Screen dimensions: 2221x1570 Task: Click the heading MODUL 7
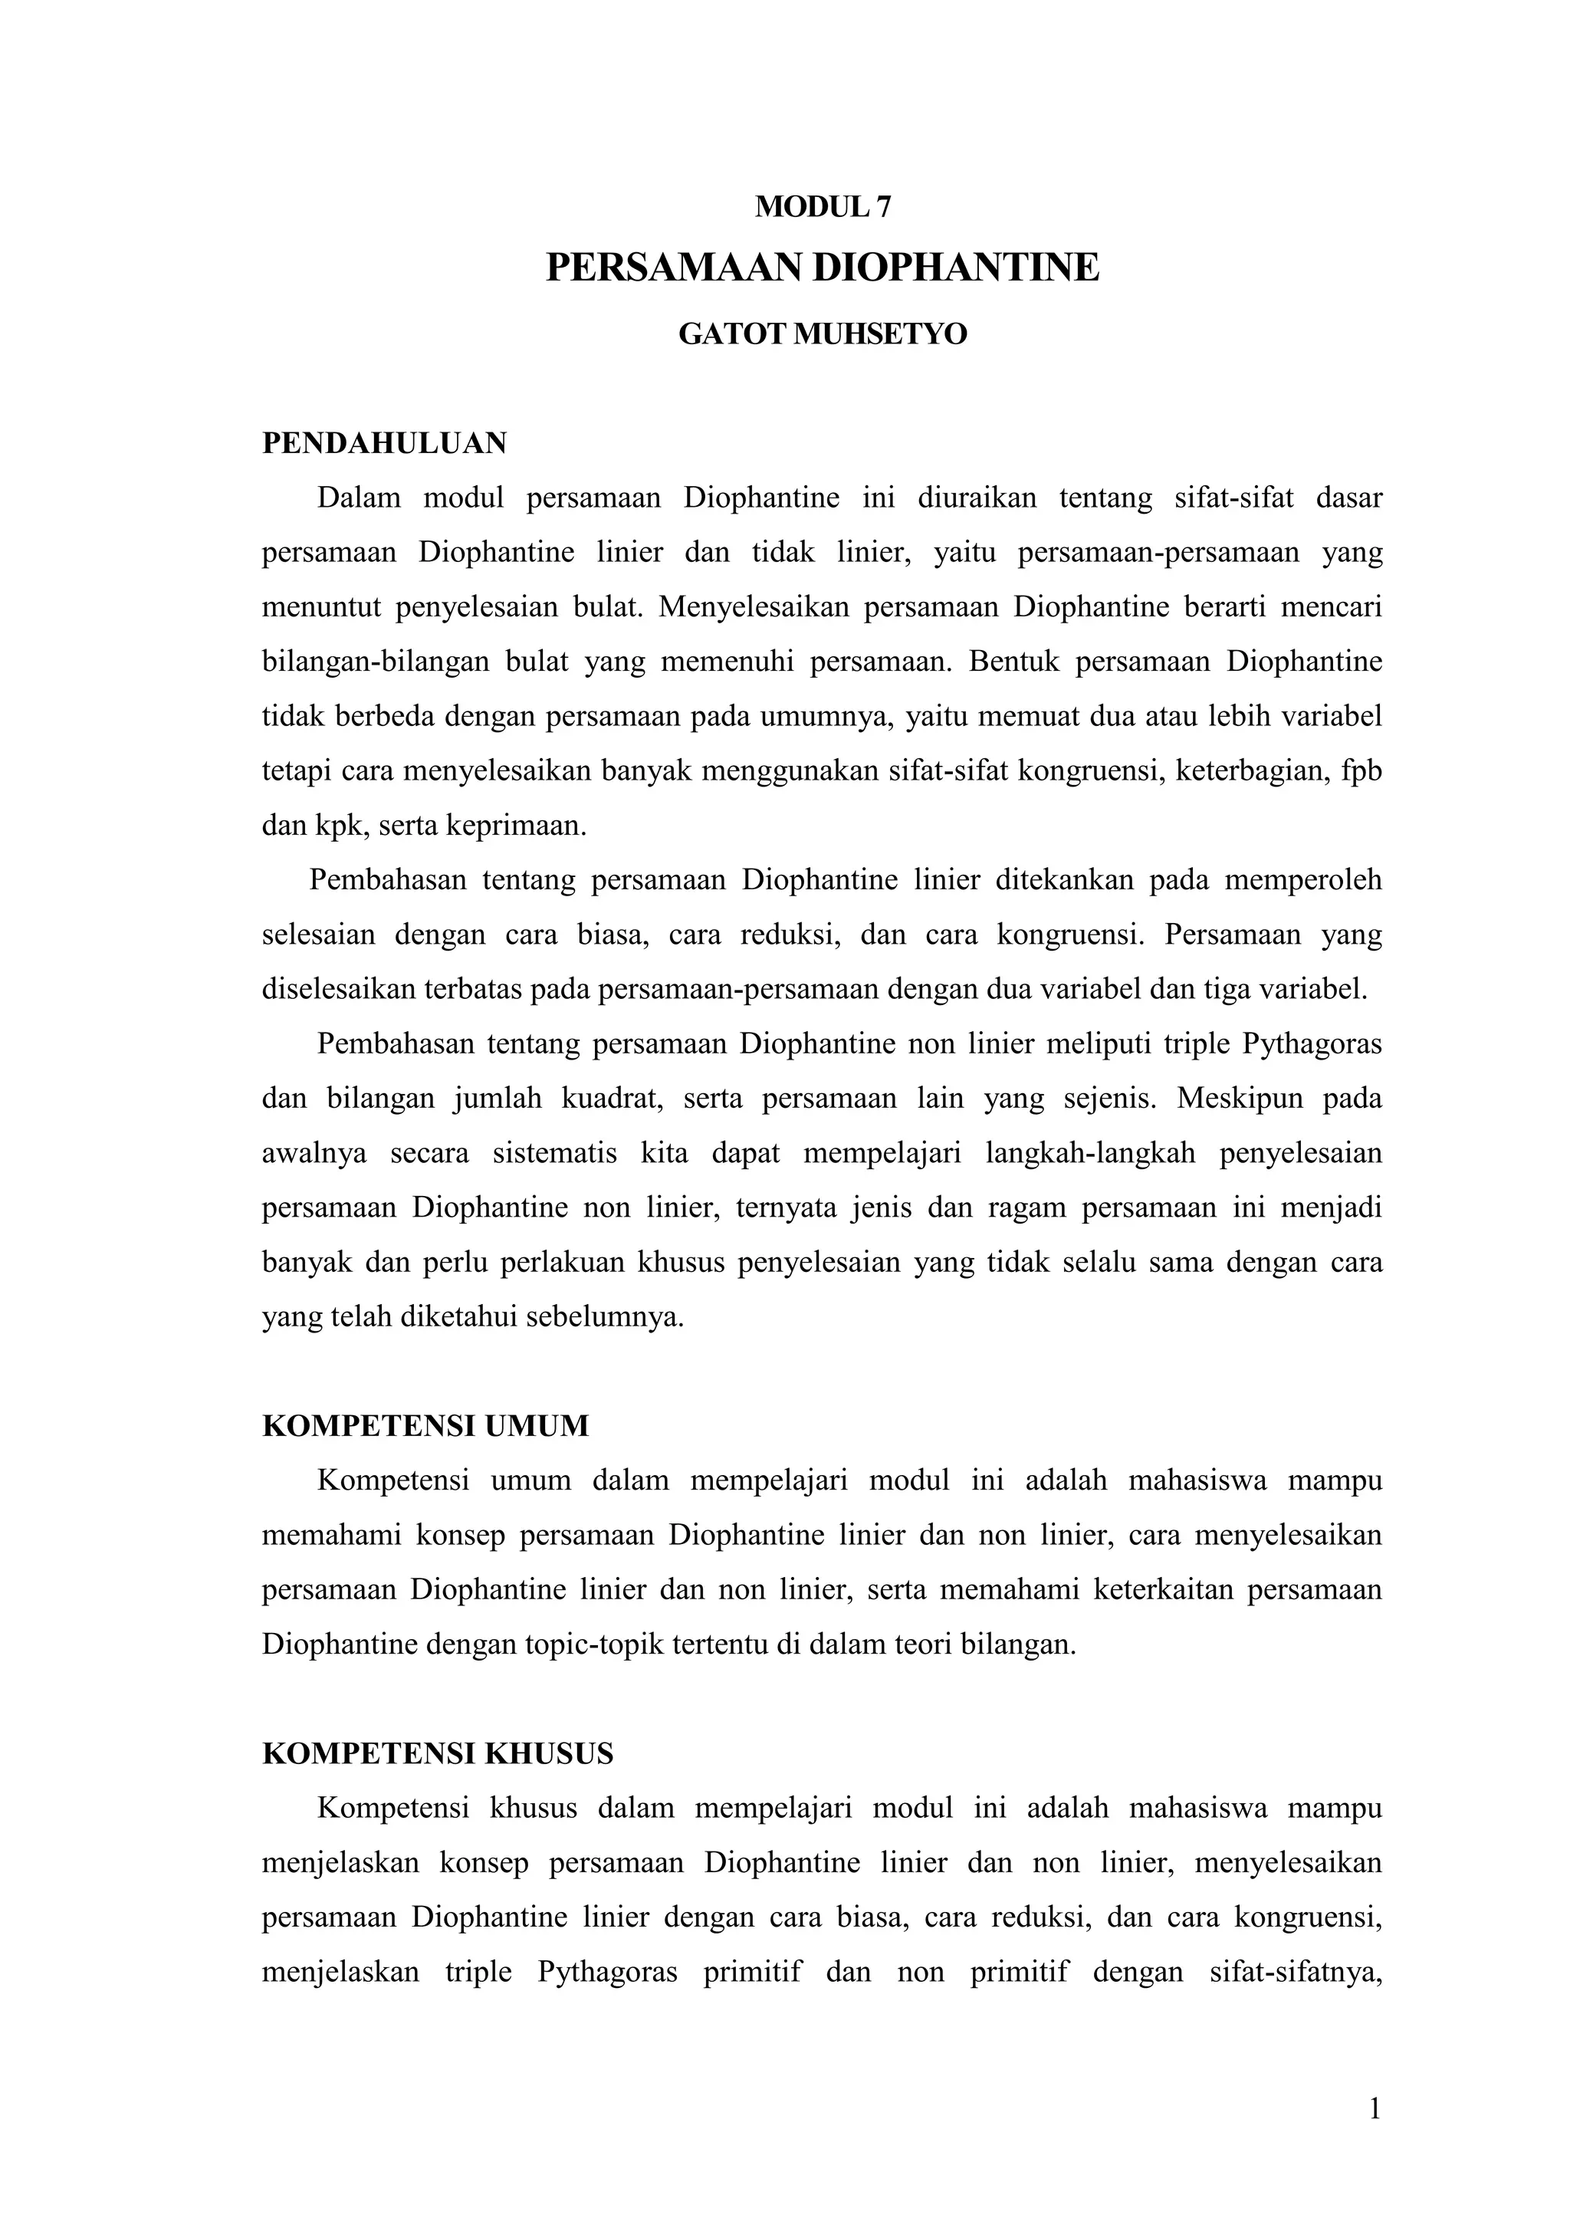(x=823, y=206)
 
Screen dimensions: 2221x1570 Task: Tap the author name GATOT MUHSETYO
(x=823, y=335)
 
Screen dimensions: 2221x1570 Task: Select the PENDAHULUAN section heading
(x=384, y=444)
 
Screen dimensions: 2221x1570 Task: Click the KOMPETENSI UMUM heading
(x=425, y=1427)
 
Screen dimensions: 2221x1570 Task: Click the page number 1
(x=1375, y=2110)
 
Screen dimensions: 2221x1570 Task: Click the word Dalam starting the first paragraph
(x=358, y=498)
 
